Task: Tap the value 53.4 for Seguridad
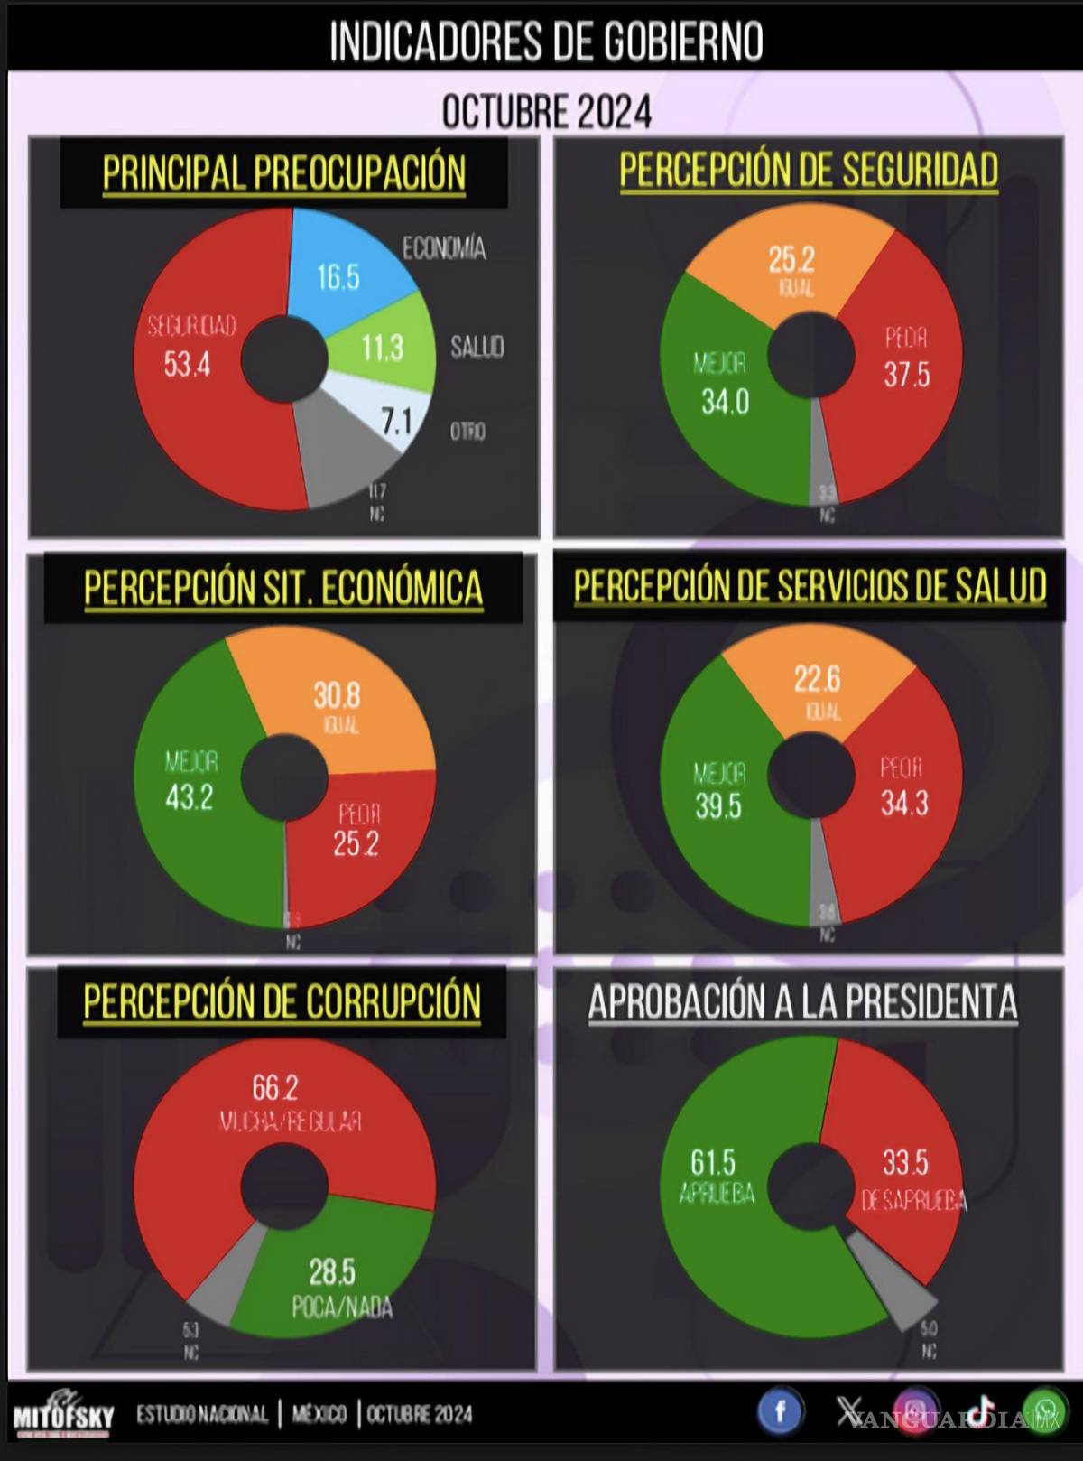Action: click(188, 364)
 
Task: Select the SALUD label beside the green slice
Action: click(477, 347)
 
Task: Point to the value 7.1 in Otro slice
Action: click(395, 420)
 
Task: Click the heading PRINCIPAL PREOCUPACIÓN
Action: click(283, 172)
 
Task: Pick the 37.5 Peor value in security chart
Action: click(906, 374)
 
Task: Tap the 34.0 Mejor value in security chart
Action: click(725, 400)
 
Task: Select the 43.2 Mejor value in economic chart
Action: click(189, 796)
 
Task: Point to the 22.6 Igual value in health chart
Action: click(817, 678)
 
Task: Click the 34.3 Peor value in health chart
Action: click(904, 802)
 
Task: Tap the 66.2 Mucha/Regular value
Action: click(275, 1087)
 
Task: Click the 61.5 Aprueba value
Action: click(713, 1162)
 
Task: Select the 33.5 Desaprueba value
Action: click(905, 1162)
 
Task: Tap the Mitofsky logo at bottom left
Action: click(63, 1416)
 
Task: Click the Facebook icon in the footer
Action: click(780, 1411)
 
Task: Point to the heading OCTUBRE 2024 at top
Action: click(546, 112)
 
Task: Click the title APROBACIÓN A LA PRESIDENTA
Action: click(802, 1001)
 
